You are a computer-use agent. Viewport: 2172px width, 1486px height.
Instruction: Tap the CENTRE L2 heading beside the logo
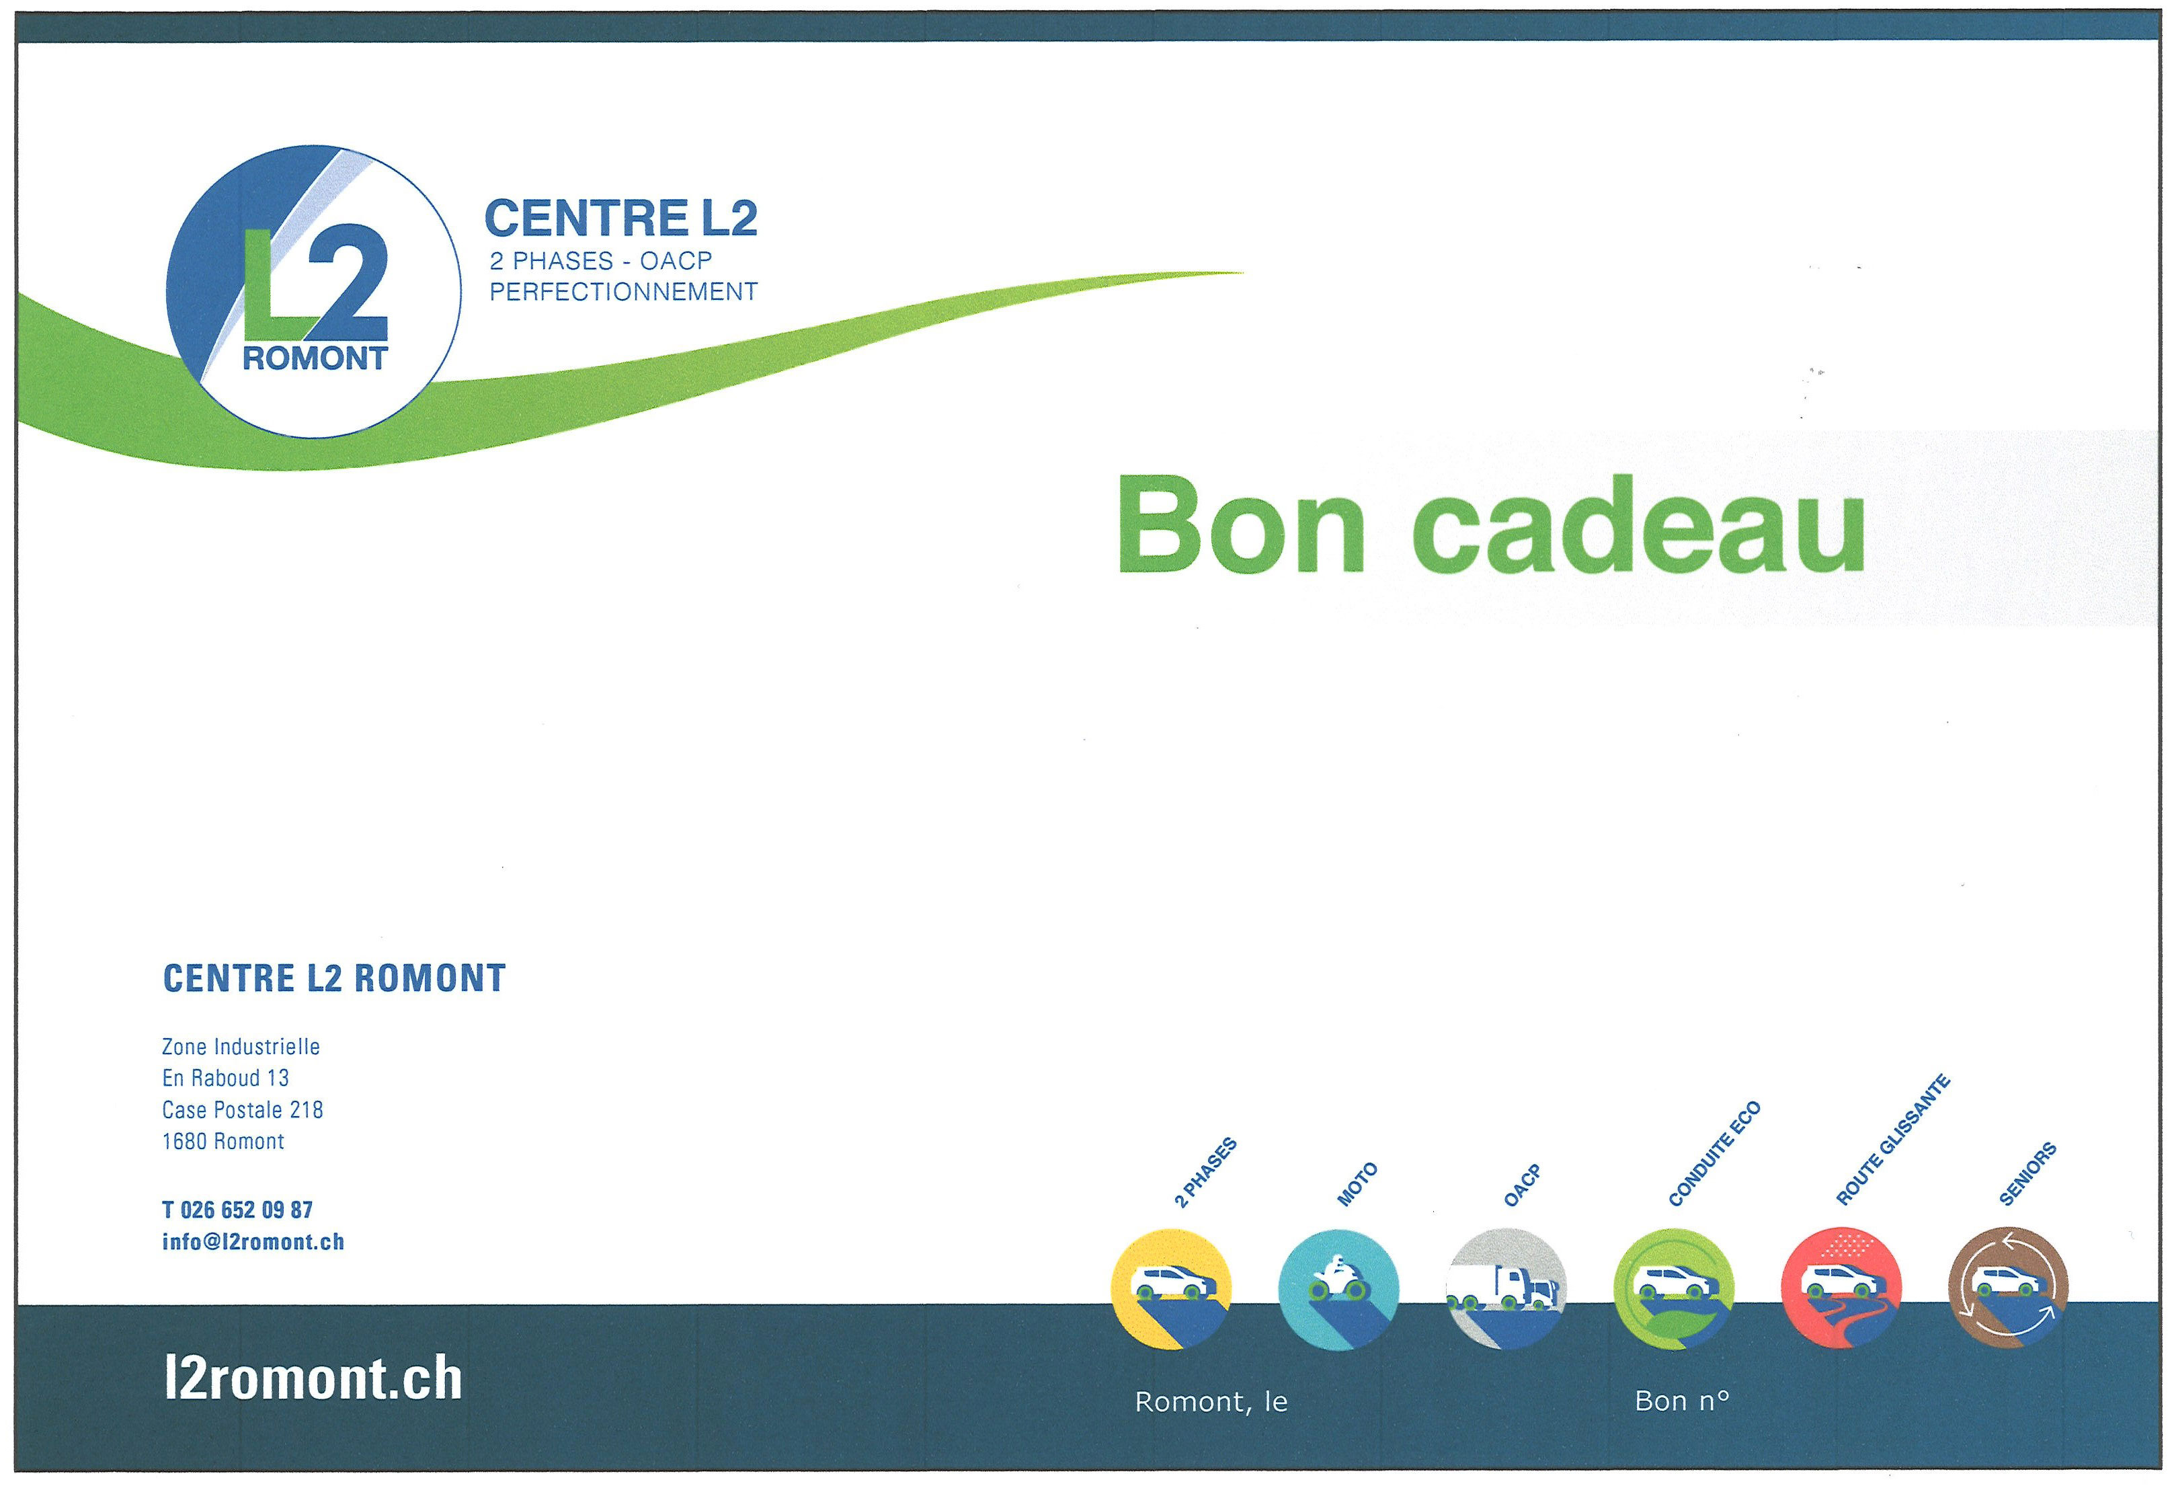tap(620, 218)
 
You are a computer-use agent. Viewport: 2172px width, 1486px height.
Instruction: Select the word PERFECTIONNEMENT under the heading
tap(623, 292)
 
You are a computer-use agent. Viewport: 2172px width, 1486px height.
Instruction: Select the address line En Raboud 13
tap(225, 1078)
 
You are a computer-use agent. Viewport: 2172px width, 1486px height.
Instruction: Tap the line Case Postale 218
tap(242, 1109)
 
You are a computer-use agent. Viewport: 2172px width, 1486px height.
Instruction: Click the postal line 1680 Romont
tap(223, 1141)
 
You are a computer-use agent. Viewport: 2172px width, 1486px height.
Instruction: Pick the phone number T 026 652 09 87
tap(237, 1210)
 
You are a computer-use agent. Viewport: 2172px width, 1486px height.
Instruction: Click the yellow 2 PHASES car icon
tap(1171, 1289)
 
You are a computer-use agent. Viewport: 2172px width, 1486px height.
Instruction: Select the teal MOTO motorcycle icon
tap(1338, 1289)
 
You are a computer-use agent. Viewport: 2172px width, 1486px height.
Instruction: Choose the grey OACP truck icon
tap(1506, 1289)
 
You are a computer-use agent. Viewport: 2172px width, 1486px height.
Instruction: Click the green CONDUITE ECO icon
tap(1674, 1289)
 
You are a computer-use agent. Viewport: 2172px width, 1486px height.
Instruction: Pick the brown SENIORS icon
tap(2009, 1289)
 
